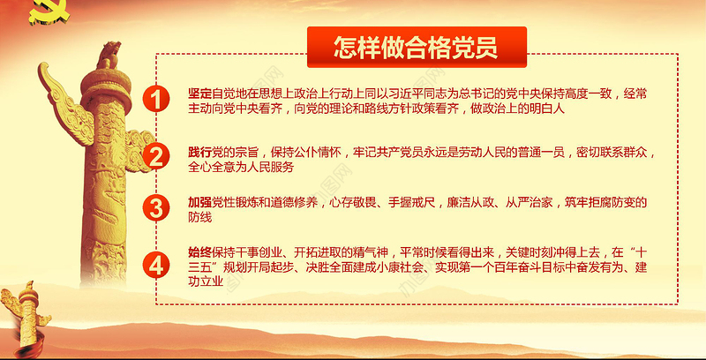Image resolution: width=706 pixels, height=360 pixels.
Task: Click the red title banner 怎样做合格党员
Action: pos(414,47)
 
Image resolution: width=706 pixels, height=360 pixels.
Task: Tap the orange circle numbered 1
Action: pos(155,100)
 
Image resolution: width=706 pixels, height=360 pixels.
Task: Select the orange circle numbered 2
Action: pos(155,157)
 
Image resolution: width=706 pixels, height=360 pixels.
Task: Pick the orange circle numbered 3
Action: pos(155,208)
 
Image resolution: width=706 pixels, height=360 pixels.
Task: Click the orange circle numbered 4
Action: pos(155,265)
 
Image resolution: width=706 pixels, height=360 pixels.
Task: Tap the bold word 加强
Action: pos(200,202)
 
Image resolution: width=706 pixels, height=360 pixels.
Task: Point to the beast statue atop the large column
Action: pos(109,55)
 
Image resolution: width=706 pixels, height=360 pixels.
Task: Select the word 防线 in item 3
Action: pos(200,217)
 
